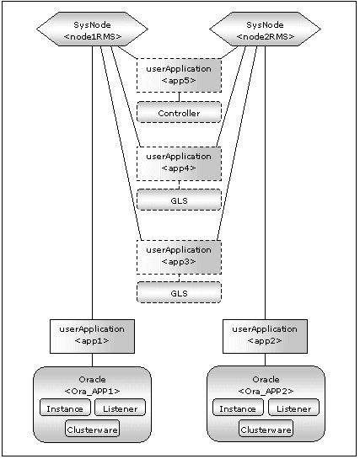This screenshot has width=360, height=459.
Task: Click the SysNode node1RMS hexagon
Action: click(x=92, y=29)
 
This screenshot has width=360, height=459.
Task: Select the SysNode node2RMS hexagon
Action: click(x=265, y=29)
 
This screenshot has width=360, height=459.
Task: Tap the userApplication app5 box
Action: click(x=179, y=75)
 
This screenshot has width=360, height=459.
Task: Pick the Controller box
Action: click(x=179, y=112)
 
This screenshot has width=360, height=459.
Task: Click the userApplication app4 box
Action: click(x=179, y=163)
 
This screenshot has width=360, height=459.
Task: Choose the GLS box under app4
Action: click(x=179, y=200)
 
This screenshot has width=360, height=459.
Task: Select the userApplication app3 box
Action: click(x=179, y=258)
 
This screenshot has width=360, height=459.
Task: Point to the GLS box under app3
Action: click(x=179, y=292)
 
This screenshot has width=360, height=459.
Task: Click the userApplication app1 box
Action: click(x=92, y=336)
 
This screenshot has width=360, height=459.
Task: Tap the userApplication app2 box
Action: click(x=265, y=336)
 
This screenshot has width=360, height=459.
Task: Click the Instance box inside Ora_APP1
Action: click(x=65, y=407)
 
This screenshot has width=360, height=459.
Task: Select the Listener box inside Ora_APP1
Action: click(x=120, y=407)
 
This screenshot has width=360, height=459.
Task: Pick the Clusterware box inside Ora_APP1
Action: click(x=92, y=429)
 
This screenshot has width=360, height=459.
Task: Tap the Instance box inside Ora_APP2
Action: click(x=238, y=407)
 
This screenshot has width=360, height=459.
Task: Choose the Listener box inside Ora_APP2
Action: click(x=293, y=407)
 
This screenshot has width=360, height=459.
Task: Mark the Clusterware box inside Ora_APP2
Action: click(x=266, y=429)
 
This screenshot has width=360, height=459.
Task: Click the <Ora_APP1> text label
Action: click(x=92, y=392)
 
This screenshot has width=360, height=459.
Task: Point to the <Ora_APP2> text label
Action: click(x=266, y=392)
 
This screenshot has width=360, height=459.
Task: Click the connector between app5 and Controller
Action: click(x=180, y=97)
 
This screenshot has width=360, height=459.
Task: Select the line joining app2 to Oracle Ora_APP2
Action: click(x=266, y=360)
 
